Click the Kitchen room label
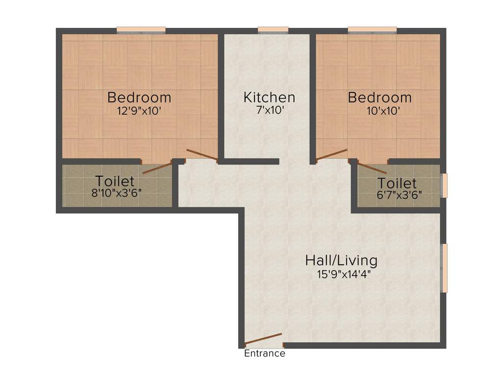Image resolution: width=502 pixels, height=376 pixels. (269, 97)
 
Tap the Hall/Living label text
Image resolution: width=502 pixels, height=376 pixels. (341, 259)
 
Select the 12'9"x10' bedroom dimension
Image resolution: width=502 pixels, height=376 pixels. (139, 111)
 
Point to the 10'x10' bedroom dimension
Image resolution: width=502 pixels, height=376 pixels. (379, 111)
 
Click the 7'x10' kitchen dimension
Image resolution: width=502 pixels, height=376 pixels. (269, 111)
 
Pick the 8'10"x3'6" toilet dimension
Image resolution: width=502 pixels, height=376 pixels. (117, 193)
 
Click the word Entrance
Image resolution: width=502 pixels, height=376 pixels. (265, 353)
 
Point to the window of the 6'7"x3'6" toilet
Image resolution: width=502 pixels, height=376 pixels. (444, 186)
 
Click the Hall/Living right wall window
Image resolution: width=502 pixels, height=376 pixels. (444, 268)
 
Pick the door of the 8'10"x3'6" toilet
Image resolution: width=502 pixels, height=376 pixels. (156, 167)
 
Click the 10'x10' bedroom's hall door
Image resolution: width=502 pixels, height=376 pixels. (332, 155)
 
